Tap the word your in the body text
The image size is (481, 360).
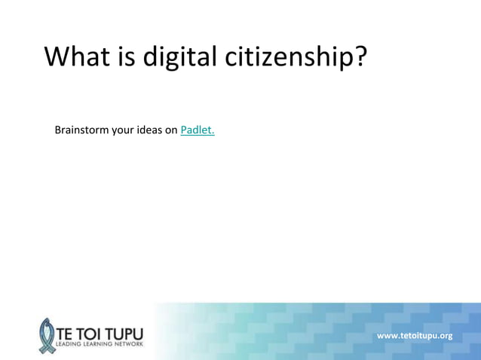coord(123,131)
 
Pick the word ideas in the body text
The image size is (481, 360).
coord(149,130)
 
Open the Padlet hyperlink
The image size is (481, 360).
coord(198,130)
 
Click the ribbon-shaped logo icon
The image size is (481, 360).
coord(47,334)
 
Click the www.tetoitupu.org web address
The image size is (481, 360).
coord(414,335)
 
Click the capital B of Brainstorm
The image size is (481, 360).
coord(58,130)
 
